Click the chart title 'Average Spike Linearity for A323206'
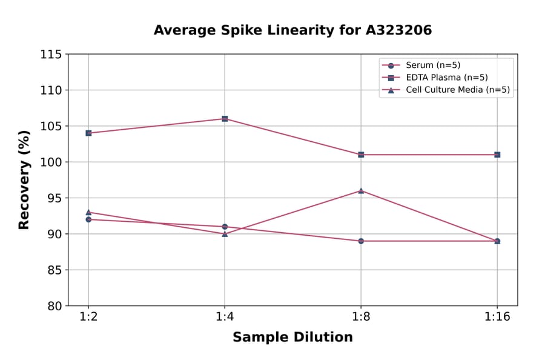292,30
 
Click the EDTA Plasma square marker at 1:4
225,119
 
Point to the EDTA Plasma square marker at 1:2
88,133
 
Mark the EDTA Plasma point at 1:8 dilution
361,155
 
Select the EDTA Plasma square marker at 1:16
497,155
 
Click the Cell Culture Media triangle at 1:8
361,190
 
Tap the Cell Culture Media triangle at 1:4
225,233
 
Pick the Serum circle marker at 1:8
361,241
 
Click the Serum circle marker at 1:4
225,227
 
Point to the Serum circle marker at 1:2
88,219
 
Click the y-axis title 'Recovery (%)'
24,180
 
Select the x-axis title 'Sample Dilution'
292,338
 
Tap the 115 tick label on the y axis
51,55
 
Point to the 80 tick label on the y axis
54,306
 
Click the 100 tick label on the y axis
51,162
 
